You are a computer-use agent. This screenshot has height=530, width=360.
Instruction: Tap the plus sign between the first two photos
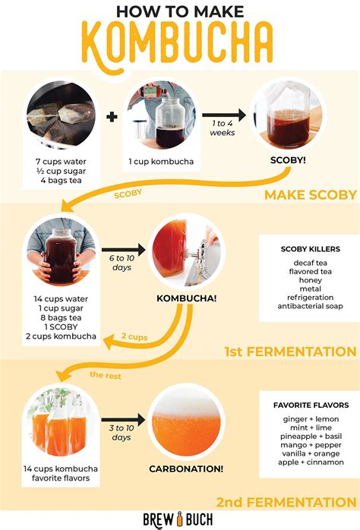click(x=112, y=117)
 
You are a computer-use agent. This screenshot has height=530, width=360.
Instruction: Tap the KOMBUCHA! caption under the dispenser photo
click(x=186, y=298)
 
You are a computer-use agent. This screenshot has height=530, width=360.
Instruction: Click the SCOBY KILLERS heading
click(x=309, y=248)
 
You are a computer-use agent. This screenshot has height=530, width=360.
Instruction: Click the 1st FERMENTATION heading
click(x=289, y=352)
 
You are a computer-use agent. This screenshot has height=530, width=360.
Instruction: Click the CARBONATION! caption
click(x=186, y=469)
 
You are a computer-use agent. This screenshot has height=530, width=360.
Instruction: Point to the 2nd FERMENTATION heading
click(x=286, y=502)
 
